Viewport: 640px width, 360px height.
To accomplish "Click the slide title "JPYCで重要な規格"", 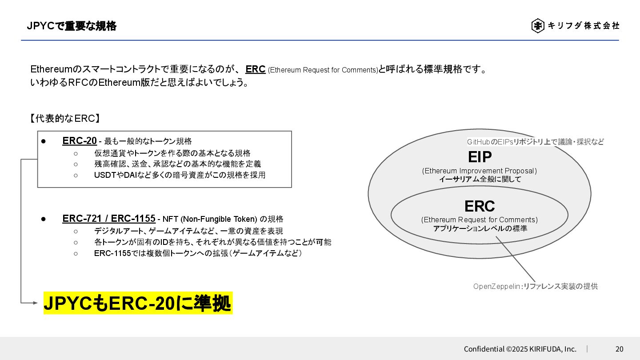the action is (x=72, y=26).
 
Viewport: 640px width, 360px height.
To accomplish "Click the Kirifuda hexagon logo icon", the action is (x=538, y=26).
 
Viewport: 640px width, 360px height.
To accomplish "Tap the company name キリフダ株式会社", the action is (x=583, y=26).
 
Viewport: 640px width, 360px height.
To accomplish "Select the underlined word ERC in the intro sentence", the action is (x=255, y=69).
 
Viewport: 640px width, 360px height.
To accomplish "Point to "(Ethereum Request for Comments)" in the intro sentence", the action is (x=323, y=70).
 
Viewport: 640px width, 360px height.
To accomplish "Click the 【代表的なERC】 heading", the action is (x=65, y=119).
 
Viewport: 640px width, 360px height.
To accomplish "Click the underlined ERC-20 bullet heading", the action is (x=80, y=141).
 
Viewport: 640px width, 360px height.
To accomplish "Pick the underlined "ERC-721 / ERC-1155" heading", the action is (x=109, y=219).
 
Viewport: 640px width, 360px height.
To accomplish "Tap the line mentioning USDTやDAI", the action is (x=180, y=175).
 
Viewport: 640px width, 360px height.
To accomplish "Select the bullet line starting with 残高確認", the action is (x=177, y=164).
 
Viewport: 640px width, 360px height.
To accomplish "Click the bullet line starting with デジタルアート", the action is (x=188, y=231).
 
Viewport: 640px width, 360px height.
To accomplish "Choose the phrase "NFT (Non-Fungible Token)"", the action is (x=210, y=219).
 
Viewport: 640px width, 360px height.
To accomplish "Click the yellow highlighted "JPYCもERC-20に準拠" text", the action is (x=138, y=304).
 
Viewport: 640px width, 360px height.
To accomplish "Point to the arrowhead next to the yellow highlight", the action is (x=36, y=303).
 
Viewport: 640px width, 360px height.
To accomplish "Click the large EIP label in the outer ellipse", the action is (x=480, y=157).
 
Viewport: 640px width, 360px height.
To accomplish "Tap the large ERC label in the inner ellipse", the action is (x=479, y=206).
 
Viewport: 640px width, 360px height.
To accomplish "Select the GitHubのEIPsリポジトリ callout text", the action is (x=535, y=142).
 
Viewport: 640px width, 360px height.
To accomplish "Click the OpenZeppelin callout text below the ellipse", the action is (x=535, y=286).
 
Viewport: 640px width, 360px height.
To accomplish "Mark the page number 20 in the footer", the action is (x=619, y=349).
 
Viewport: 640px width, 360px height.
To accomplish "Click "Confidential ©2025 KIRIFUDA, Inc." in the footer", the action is (x=520, y=349).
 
